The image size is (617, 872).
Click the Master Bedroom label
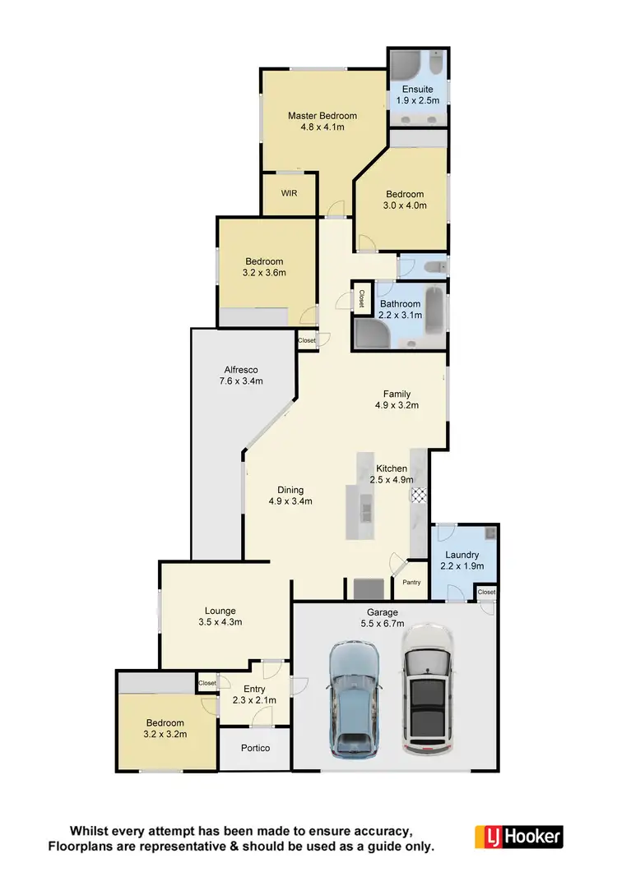coord(322,116)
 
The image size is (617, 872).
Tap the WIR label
coord(288,193)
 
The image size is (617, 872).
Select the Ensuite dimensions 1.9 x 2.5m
coord(418,100)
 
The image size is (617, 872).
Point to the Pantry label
coord(411,583)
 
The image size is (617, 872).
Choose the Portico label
coord(255,748)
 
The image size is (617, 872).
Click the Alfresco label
coord(243,369)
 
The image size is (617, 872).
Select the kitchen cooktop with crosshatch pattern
coord(420,495)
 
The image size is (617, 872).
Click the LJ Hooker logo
coord(519,837)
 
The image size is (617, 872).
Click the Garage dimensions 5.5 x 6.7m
coord(383,624)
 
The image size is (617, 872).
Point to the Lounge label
coord(220,611)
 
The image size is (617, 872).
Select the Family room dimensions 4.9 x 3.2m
coord(397,405)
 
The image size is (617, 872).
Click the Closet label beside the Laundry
coord(487,592)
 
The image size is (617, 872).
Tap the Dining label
coord(290,490)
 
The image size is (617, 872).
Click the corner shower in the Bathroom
coord(369,333)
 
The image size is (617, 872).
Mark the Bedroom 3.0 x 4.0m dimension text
coord(406,206)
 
